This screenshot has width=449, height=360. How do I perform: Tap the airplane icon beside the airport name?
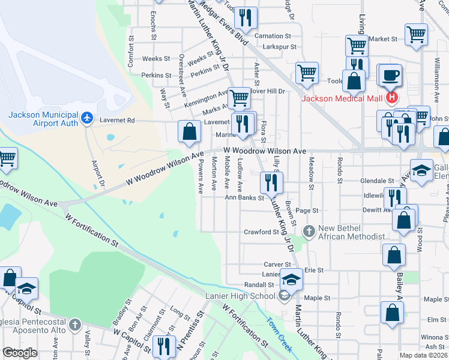click(88, 118)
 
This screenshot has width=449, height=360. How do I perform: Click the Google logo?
click(21, 353)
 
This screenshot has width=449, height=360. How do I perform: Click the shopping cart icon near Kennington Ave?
click(239, 97)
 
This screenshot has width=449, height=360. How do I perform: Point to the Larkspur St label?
click(276, 46)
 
